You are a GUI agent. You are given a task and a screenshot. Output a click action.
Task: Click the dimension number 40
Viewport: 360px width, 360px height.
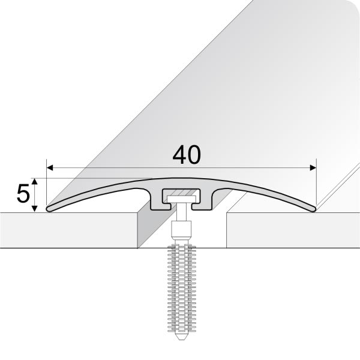(x=186, y=155)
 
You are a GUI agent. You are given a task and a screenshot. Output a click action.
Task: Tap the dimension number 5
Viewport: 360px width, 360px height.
(x=23, y=194)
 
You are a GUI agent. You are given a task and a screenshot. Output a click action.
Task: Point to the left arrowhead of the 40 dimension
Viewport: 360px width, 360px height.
(x=50, y=167)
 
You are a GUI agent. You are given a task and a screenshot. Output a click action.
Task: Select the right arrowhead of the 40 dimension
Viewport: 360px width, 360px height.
(x=312, y=167)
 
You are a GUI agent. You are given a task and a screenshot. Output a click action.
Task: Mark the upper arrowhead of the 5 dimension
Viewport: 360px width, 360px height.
(x=37, y=181)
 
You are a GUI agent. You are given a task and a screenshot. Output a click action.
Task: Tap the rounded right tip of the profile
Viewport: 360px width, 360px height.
(x=313, y=208)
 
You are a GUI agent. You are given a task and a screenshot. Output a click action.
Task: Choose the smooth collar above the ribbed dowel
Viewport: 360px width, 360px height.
(x=181, y=230)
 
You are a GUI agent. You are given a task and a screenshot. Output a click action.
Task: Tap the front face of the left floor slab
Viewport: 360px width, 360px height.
(x=66, y=230)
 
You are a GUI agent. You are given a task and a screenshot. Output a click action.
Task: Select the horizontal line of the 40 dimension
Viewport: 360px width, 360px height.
(x=120, y=167)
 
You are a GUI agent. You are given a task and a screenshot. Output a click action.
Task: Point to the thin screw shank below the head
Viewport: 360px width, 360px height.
(x=181, y=214)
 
